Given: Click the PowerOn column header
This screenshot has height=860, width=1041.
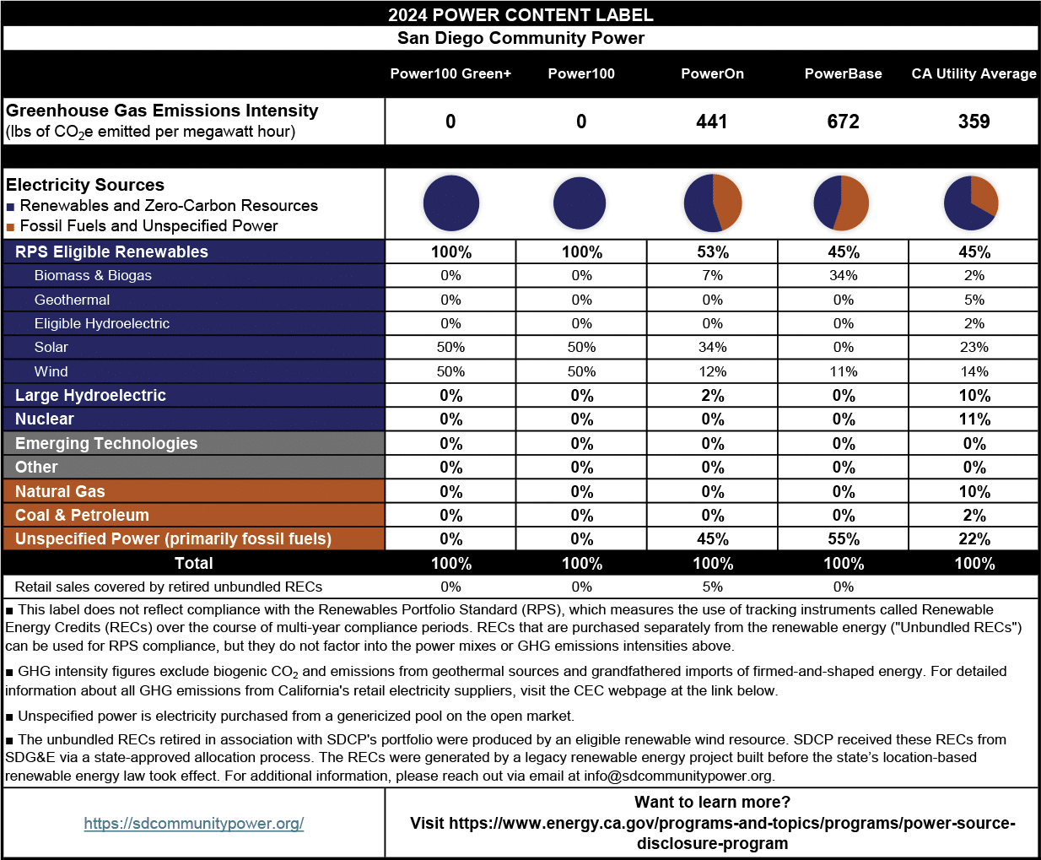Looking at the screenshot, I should point(712,73).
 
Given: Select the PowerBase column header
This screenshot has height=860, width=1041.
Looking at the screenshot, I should point(843,73).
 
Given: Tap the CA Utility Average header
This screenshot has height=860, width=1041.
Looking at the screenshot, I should point(974,73).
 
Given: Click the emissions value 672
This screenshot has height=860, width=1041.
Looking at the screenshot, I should point(843,122).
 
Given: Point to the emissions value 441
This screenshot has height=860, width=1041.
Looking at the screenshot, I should point(712,122).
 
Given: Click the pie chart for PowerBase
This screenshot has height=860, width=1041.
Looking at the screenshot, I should point(841,203).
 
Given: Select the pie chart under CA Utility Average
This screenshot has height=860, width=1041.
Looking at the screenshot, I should point(971,203).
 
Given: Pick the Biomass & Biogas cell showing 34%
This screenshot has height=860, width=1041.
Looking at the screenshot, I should point(843,275).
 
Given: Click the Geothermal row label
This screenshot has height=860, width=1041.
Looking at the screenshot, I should point(72,300).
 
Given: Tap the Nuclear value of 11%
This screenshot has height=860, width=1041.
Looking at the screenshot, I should point(974,419).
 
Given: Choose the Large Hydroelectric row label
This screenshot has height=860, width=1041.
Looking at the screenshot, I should point(90,395).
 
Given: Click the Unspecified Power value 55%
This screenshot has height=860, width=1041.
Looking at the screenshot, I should point(843,539).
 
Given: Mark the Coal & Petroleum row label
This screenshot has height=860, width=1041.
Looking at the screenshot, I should point(82,515).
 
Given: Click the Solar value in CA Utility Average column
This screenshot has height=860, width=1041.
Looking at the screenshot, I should point(974,347).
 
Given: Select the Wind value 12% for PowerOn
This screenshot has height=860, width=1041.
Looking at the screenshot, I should point(712,371).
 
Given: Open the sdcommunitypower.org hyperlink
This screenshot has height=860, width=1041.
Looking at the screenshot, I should point(194,823).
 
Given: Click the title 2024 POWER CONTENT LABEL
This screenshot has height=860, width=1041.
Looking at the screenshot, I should point(520,14).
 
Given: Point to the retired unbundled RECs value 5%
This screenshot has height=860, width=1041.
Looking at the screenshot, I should point(712,587).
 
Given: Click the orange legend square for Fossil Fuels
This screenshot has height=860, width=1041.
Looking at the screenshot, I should point(10,226).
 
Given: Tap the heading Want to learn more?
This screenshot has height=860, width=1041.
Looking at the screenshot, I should point(712,802).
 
